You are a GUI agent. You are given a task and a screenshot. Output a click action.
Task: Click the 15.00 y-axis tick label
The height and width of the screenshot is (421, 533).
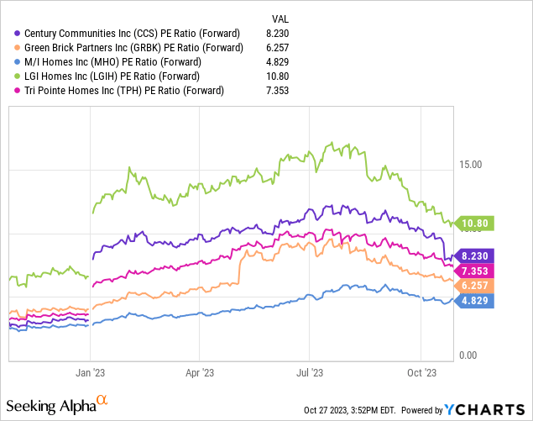click(470, 165)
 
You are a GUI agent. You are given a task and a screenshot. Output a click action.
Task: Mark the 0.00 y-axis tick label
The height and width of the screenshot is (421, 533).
click(468, 355)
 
